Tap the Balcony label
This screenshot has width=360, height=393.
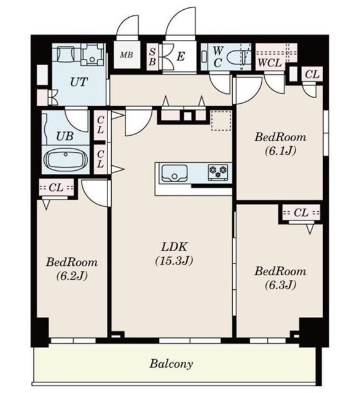click(171, 364)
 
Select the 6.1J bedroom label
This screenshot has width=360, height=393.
click(280, 144)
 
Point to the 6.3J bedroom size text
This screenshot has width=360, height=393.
click(281, 285)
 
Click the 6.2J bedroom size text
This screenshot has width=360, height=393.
click(72, 276)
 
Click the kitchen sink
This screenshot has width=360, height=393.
click(174, 173)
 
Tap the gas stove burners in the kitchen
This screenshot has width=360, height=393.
click(218, 172)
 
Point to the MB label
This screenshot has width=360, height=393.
click(126, 55)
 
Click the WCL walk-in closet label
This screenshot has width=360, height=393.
click(270, 63)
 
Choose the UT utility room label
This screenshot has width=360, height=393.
click(79, 82)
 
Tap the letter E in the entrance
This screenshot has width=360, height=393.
click(181, 56)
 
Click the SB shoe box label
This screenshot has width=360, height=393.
click(152, 56)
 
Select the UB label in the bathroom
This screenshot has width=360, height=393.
click(65, 136)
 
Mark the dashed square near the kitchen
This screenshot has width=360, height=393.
click(221, 120)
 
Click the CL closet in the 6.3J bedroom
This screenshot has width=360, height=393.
click(301, 213)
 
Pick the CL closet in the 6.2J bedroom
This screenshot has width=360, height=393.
click(56, 187)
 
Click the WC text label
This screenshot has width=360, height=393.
click(217, 57)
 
